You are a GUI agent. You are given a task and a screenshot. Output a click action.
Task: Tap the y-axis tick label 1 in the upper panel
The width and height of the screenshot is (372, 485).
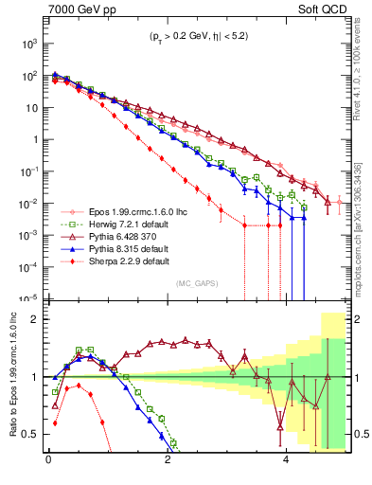(35, 139)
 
